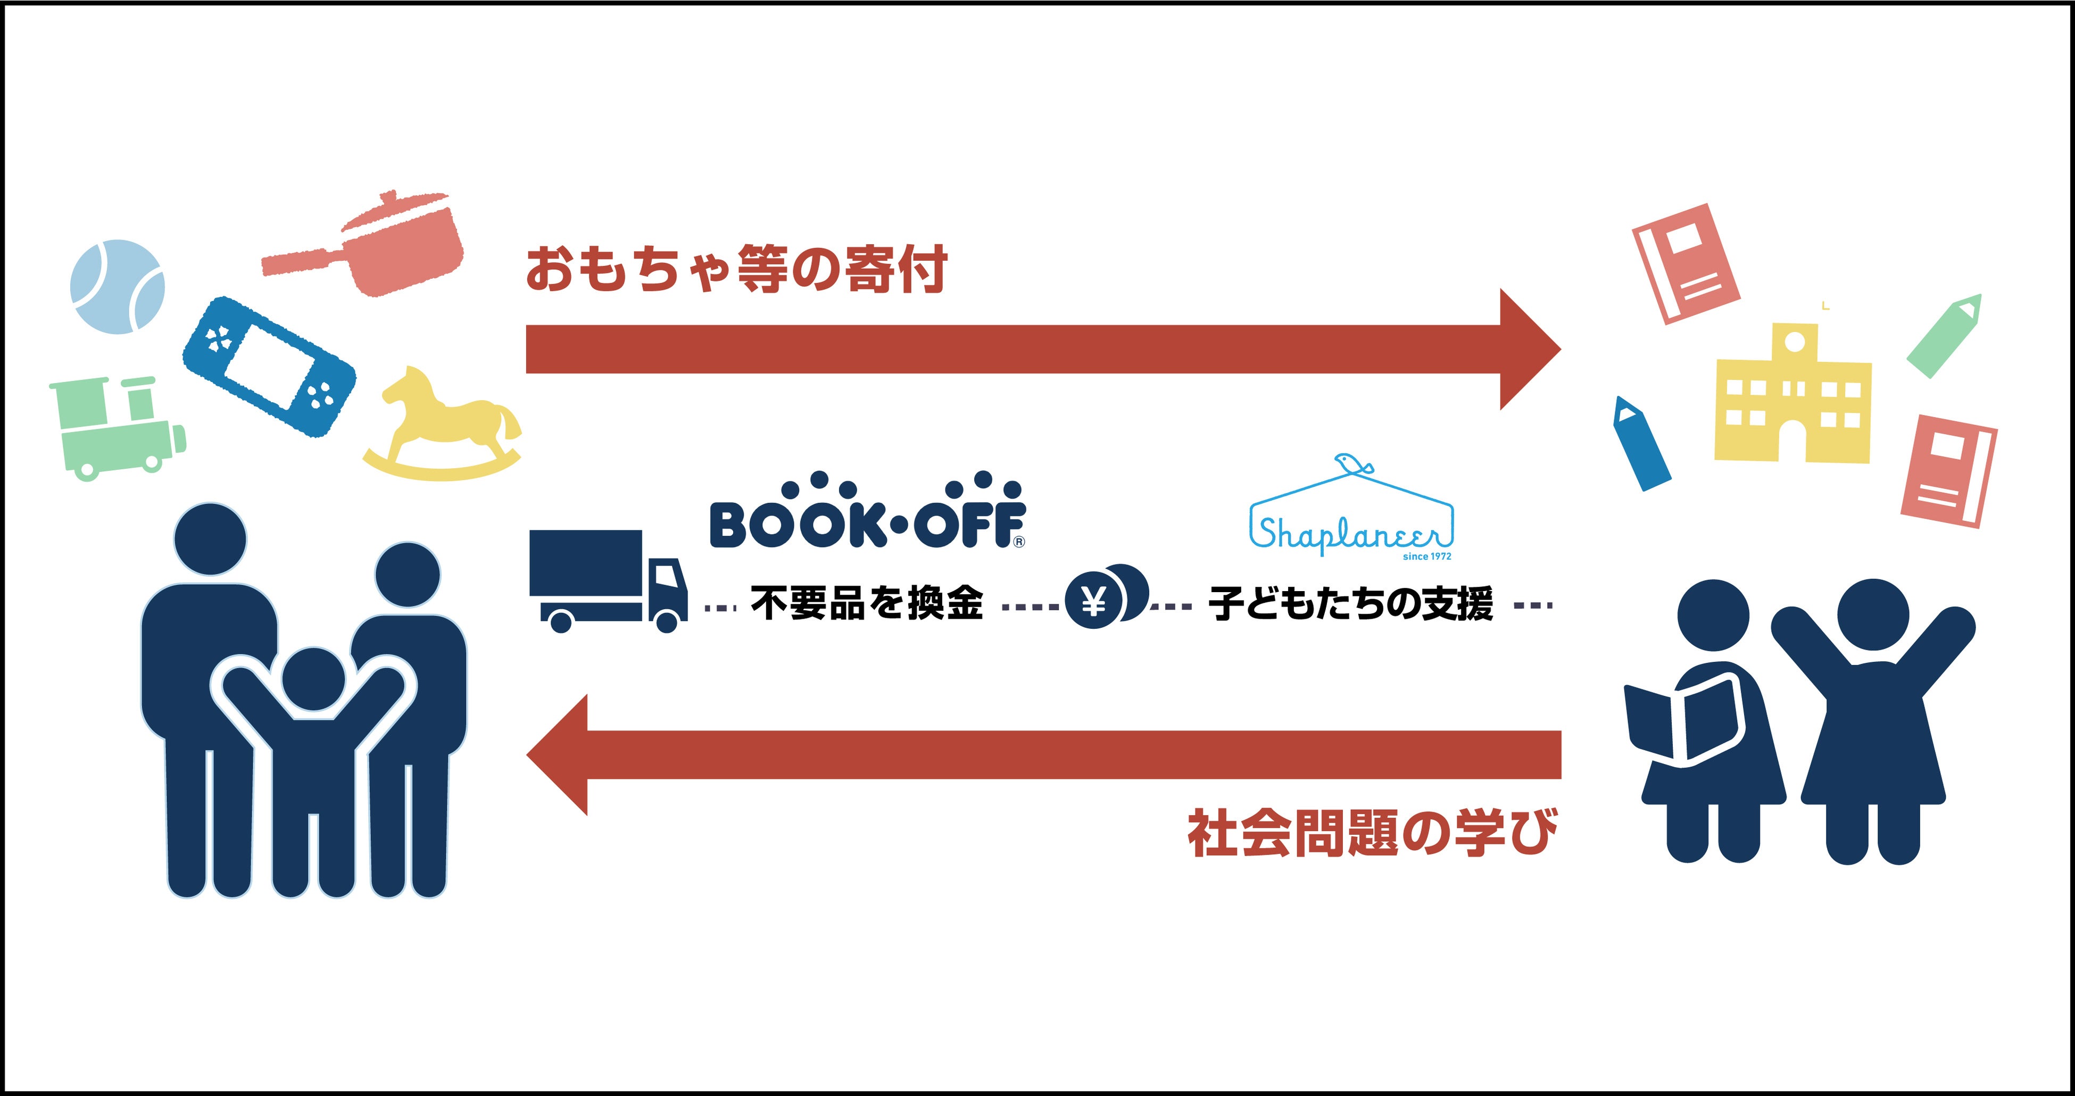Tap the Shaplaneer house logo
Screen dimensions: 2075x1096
[x=1351, y=516]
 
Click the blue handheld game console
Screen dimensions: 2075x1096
[x=269, y=367]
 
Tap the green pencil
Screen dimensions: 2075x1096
[x=1943, y=337]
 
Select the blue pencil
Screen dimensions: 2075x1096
[x=1641, y=443]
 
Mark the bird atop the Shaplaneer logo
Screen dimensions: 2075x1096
[x=1351, y=463]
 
